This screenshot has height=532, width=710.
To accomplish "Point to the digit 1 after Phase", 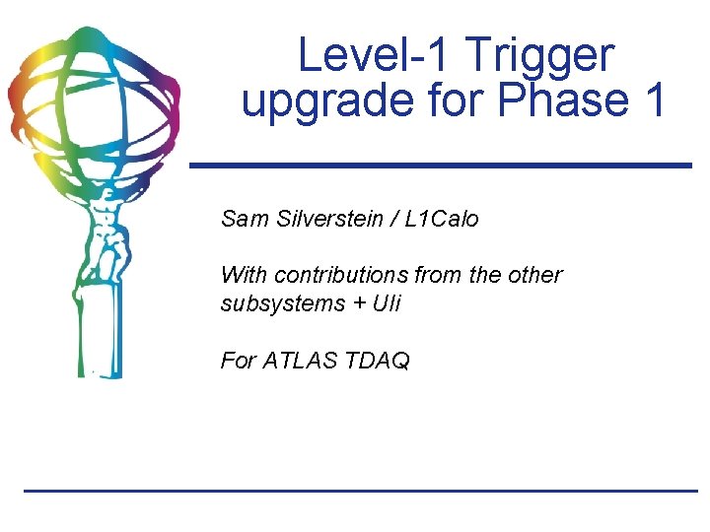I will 652,100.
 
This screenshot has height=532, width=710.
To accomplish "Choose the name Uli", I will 387,303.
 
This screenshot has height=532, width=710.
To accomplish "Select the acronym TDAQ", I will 378,361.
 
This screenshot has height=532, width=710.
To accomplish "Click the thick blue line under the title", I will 440,166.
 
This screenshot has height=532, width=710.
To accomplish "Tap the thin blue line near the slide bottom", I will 360,490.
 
